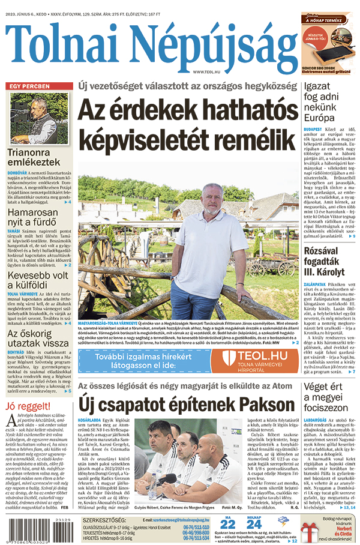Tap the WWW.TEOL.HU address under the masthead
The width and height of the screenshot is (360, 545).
click(207, 73)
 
